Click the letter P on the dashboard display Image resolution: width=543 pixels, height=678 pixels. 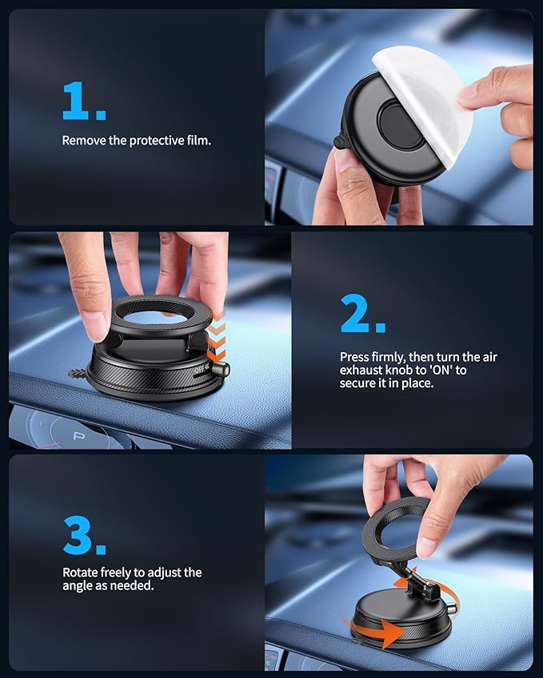pyautogui.click(x=78, y=436)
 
